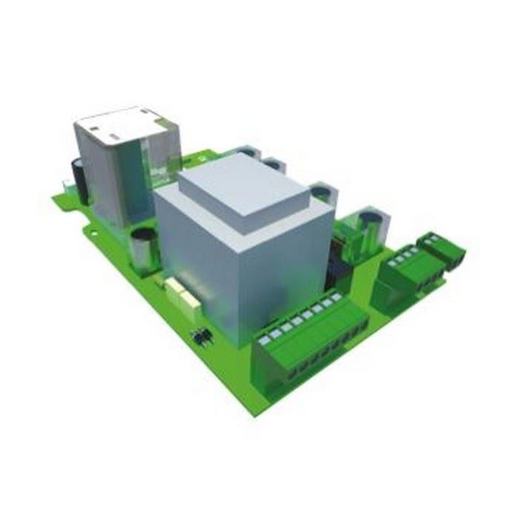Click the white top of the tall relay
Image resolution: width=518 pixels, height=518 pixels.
[123, 124]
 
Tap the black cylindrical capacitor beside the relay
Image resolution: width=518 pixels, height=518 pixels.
[78, 178]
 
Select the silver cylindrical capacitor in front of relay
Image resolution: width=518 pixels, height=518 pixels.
[144, 250]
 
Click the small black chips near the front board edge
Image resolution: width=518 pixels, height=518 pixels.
[201, 336]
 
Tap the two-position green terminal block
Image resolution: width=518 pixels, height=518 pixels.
[442, 249]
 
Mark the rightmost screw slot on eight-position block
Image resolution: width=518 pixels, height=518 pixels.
[337, 297]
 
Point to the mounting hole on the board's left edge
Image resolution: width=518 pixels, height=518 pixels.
[94, 232]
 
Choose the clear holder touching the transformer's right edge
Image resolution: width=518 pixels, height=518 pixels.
[323, 195]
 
